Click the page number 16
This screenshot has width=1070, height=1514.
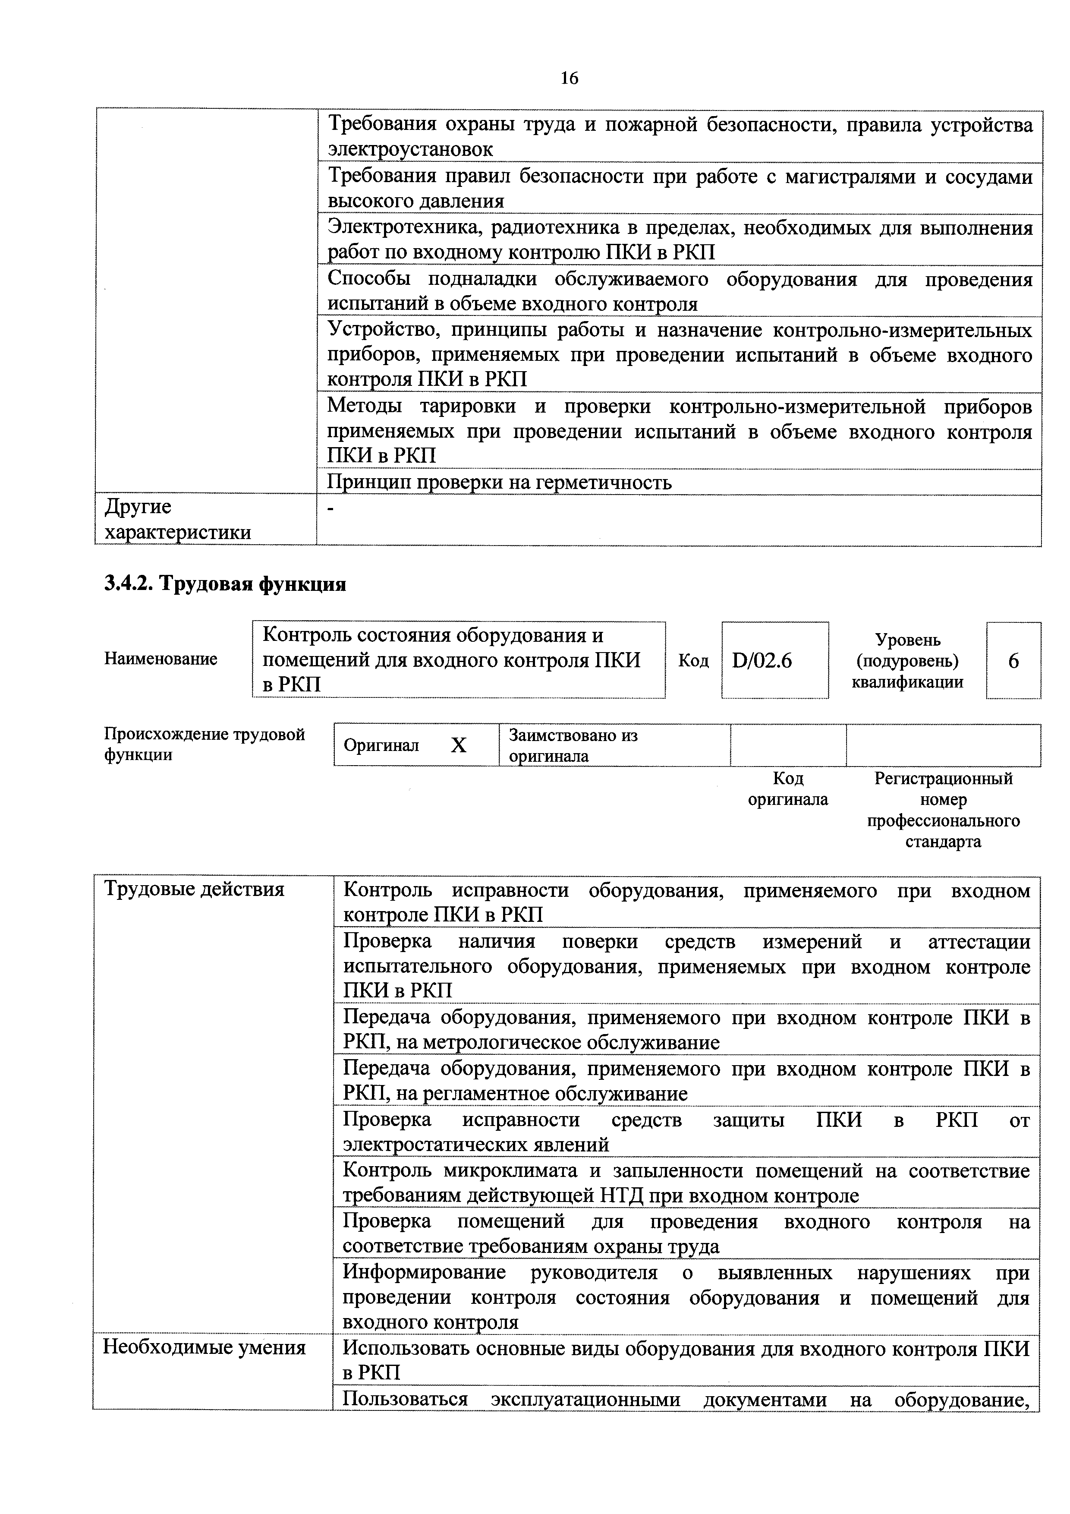569,79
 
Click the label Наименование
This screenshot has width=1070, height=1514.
161,659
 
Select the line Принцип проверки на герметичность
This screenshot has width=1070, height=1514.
500,483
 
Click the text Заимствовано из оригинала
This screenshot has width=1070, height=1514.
572,745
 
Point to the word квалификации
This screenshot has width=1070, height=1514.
907,682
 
